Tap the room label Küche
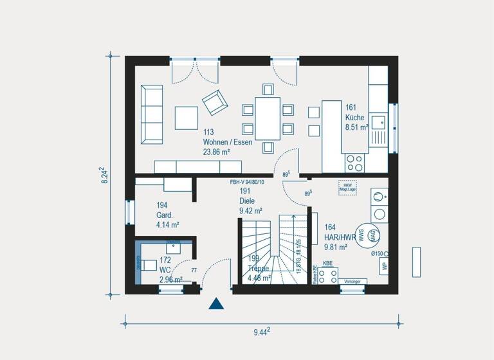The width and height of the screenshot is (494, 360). coord(354,118)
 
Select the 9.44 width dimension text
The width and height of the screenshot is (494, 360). coord(261,332)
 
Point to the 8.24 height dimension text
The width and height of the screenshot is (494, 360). coord(103,176)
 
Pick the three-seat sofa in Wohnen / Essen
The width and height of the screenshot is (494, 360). coord(152,114)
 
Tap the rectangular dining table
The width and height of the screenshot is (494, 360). coord(268,118)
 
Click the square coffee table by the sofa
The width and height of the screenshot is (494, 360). coord(187,118)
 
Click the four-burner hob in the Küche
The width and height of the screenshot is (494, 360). coord(354,161)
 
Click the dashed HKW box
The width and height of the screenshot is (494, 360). coord(347,186)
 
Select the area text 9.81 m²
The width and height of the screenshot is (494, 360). coord(335,246)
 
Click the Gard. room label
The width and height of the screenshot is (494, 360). coord(165,215)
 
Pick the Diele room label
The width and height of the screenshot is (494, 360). coord(247,201)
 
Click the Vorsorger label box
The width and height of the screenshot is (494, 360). coord(352,281)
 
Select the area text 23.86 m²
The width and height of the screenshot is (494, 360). coord(218,152)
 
